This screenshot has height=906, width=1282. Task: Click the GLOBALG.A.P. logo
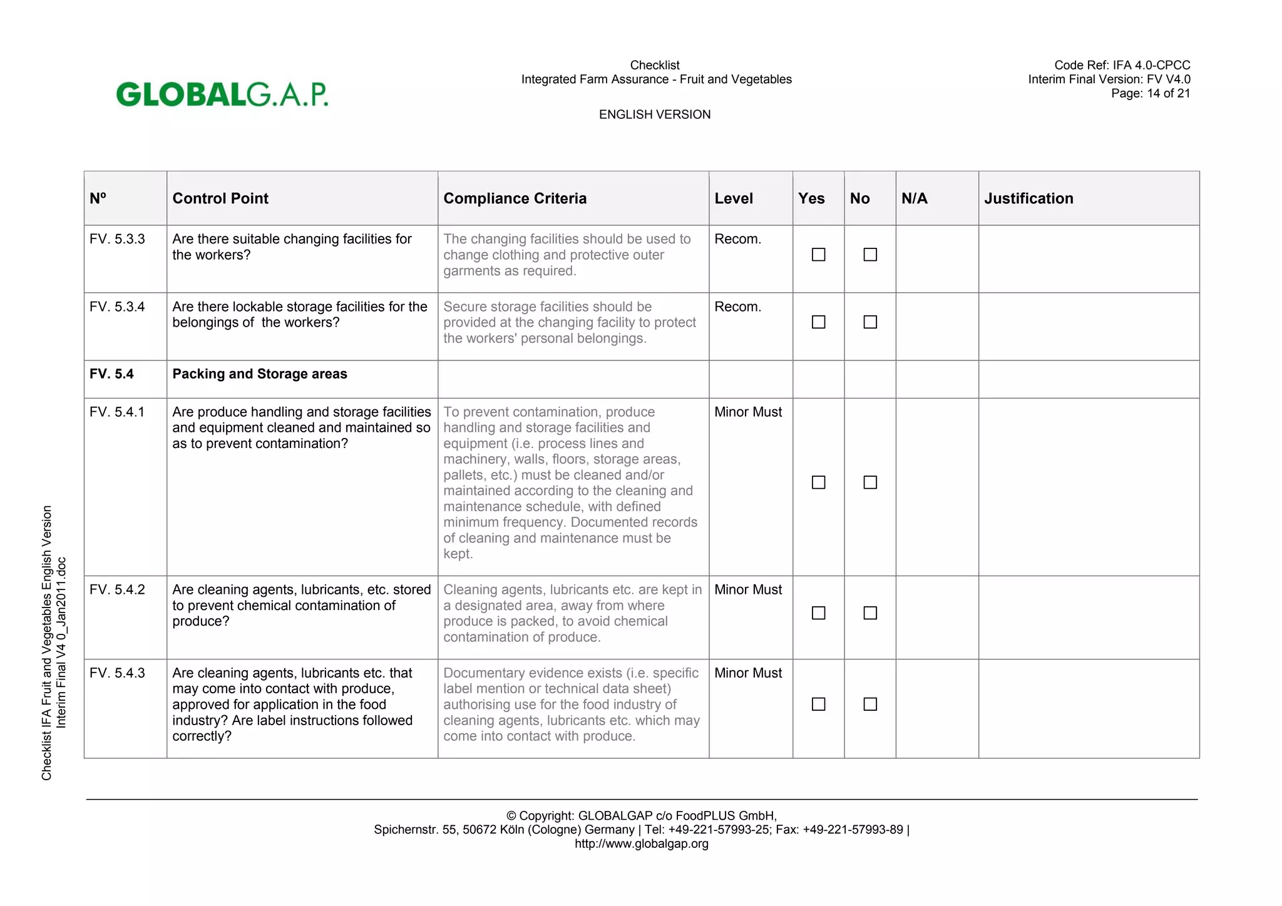pos(222,94)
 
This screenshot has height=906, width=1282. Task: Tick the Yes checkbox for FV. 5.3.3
pos(818,255)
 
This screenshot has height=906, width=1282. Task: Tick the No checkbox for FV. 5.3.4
pos(870,322)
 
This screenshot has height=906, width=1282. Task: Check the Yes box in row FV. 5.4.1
pos(818,482)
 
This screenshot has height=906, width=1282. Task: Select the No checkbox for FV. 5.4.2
pos(870,613)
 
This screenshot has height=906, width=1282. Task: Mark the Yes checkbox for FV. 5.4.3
pos(818,705)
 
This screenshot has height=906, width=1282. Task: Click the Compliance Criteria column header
pos(515,198)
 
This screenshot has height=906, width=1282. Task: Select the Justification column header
pos(1028,198)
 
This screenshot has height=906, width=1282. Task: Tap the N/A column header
pos(914,198)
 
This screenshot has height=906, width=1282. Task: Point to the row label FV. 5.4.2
pos(117,589)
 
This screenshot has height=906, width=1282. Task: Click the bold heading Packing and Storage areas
pos(259,374)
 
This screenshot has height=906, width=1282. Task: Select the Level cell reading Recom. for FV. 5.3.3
pos(737,239)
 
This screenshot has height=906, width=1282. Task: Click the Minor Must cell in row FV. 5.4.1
pos(748,412)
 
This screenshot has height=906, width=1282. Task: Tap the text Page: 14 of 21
pos(1150,93)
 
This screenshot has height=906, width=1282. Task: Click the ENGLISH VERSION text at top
pos(654,115)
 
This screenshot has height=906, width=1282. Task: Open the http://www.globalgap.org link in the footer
pos(641,843)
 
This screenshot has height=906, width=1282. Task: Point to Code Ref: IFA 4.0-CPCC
pos(1122,65)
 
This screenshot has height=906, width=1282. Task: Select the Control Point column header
pos(220,198)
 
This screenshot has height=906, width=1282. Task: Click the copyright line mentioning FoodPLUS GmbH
pos(641,816)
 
